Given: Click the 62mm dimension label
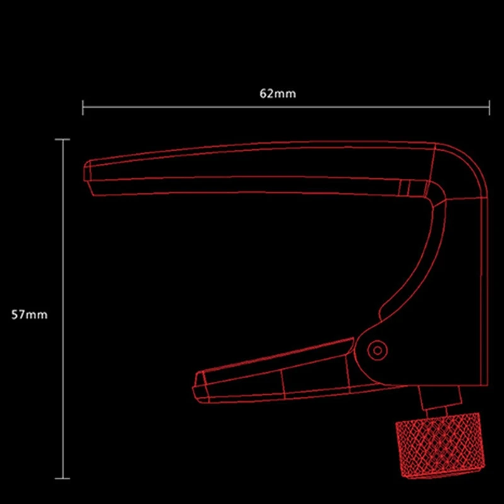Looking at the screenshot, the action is click(278, 93).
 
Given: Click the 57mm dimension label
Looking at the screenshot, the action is click(29, 314).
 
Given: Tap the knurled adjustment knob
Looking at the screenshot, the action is click(440, 445).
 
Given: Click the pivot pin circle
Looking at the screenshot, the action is click(377, 350).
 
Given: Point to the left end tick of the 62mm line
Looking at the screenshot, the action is click(83, 107).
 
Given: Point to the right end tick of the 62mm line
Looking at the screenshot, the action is click(490, 107).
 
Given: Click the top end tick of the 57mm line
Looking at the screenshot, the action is click(62, 139).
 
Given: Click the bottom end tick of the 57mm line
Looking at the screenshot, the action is click(62, 478).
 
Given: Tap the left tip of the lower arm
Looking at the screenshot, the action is click(193, 387).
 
